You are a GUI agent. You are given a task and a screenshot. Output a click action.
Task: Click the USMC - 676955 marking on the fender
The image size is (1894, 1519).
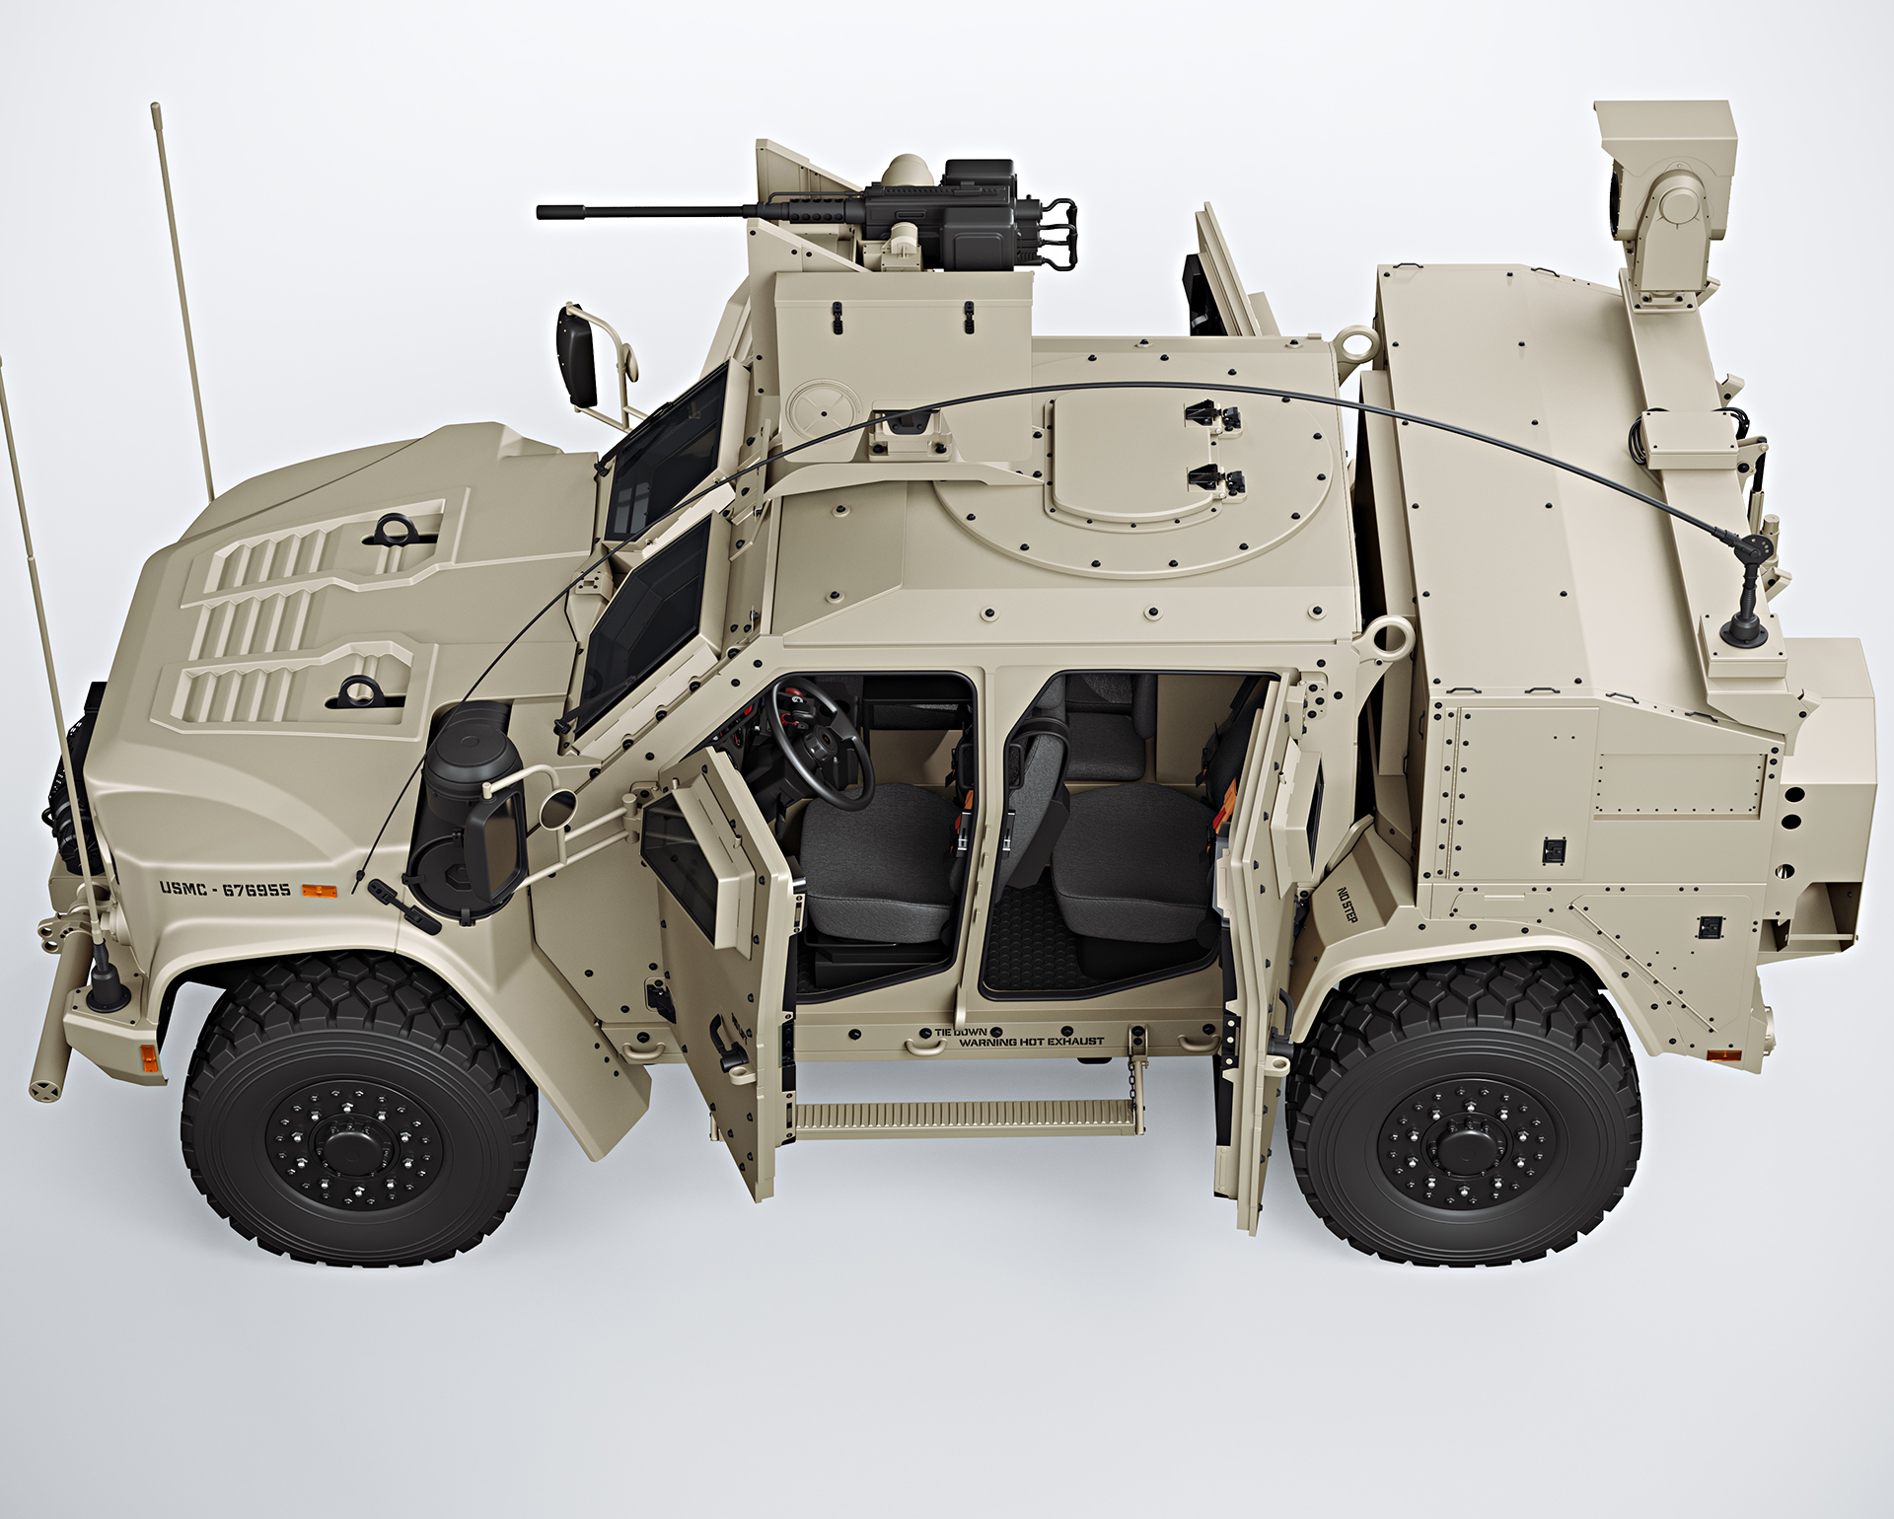pos(226,890)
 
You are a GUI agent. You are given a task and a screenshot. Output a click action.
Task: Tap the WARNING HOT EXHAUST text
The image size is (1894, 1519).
pos(1031,1042)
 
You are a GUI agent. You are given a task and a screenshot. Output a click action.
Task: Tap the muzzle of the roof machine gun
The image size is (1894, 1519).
pos(542,211)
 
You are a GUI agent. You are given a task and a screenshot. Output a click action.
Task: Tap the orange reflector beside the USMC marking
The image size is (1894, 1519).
pos(319,891)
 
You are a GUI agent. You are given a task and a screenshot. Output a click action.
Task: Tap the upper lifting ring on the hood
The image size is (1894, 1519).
pos(391,529)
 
